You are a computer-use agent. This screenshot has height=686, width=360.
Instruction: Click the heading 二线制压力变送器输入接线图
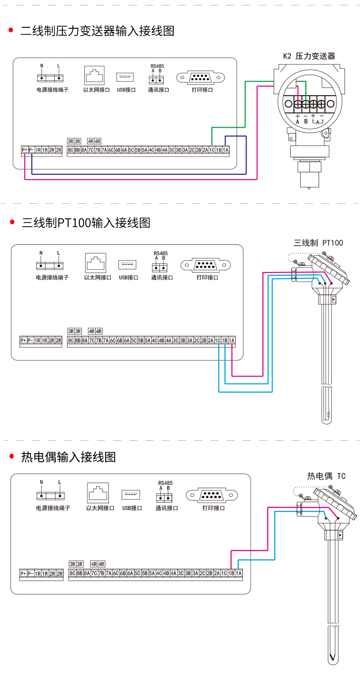point(98,31)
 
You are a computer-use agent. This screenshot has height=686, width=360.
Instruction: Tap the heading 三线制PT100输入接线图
point(86,223)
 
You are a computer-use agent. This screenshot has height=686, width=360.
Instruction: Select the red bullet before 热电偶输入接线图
point(12,457)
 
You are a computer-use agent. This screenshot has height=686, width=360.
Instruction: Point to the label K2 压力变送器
point(309,56)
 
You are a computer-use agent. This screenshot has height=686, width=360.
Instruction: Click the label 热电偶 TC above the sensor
point(326,476)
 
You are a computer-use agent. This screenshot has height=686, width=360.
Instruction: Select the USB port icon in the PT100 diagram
point(128,264)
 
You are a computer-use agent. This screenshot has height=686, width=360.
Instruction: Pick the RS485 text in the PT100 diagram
point(160,253)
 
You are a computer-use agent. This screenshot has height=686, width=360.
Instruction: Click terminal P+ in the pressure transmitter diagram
point(25,150)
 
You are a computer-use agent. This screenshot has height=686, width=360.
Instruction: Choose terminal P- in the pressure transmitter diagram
point(31,150)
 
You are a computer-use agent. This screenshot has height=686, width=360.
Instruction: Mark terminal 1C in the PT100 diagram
point(218,340)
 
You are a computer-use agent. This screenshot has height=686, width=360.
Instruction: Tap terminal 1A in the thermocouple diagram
point(239,573)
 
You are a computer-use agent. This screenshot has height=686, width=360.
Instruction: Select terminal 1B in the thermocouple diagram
point(231,573)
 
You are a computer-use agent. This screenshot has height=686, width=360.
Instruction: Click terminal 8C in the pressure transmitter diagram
point(71,150)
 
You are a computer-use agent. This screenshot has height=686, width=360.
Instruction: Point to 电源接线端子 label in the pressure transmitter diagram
point(52,90)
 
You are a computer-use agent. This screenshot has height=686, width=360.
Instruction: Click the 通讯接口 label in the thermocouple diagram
point(166,508)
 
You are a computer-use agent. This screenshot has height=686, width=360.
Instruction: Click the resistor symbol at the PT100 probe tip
point(328,415)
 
